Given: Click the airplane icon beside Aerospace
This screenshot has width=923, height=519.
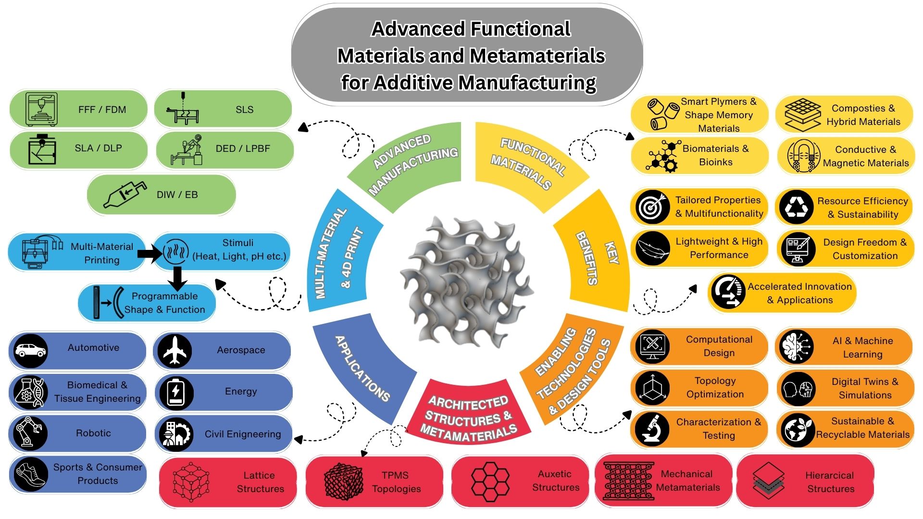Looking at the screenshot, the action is tap(175, 350).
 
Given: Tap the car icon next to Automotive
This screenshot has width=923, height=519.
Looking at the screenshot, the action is tap(30, 350).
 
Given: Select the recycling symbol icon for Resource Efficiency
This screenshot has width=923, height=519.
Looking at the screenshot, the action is tap(796, 207).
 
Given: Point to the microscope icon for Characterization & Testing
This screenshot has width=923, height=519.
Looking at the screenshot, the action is tap(652, 429).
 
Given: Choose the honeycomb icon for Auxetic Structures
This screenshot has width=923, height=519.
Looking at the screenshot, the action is tap(490, 481).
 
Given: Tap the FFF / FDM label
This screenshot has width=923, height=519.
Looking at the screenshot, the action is tap(102, 110).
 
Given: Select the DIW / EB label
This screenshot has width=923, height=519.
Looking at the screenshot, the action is tap(177, 195).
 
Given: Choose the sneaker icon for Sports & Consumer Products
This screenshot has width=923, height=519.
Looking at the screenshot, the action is tap(30, 474).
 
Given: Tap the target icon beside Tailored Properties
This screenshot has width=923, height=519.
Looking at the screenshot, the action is tap(652, 207).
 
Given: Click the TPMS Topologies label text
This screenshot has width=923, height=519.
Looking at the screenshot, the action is tap(396, 482).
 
